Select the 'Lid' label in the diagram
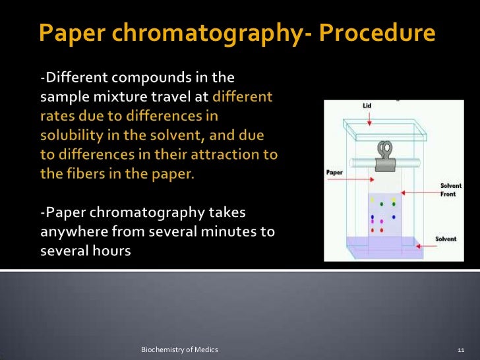coord(367,105)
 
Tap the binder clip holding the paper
coord(382,155)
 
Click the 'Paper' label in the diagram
coord(334,173)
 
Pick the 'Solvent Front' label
coord(451,190)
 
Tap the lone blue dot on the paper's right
coord(394,216)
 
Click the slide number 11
coord(461,348)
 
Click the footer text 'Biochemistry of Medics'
coord(179,348)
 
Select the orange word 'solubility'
coord(73,135)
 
